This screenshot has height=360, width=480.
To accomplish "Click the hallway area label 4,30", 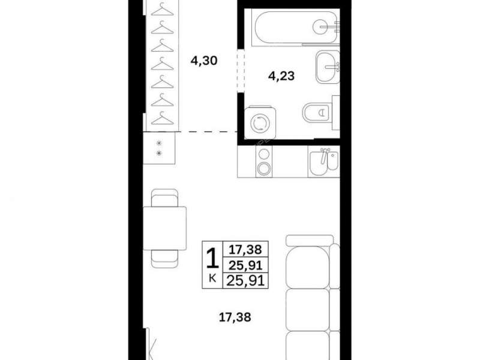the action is [204, 61].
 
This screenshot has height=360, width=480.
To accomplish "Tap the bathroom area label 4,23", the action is [281, 76].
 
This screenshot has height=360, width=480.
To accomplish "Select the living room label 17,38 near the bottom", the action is [235, 317].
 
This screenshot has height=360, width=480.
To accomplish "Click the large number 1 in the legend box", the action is [212, 259].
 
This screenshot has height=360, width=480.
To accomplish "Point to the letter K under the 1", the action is [212, 278].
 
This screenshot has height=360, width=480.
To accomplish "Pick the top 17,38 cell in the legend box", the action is [246, 250].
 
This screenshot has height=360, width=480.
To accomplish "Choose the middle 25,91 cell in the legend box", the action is [246, 265].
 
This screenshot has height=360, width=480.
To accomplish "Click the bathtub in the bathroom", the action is [296, 28].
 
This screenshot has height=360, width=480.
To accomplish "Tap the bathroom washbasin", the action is [328, 67].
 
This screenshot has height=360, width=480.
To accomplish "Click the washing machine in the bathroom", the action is [260, 122].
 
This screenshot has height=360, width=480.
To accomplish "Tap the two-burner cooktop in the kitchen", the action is [264, 161].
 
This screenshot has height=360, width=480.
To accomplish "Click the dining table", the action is [164, 229].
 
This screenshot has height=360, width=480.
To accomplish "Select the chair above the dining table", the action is [164, 198].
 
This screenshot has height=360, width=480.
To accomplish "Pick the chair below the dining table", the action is [164, 259].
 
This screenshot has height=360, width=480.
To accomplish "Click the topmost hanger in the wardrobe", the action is [163, 8].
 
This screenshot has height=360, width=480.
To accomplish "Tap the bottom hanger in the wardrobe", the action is [163, 118].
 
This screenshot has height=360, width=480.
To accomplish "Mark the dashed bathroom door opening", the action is [241, 71].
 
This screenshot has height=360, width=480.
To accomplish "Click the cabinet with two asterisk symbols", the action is [159, 148].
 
